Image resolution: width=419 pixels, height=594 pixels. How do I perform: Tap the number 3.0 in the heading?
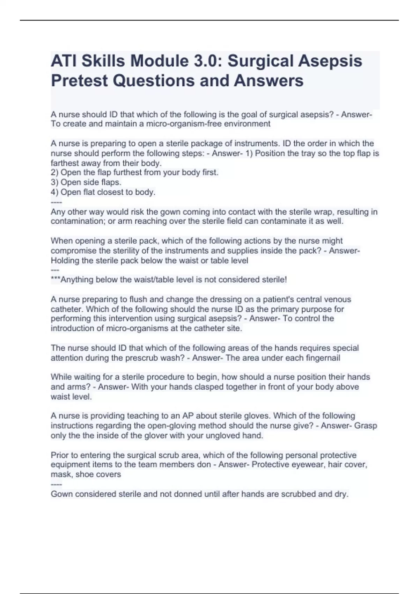[206, 61]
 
